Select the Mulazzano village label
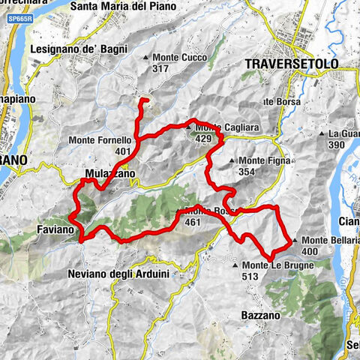click(109, 173)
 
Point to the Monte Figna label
click(264, 160)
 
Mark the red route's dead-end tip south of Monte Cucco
click(145, 100)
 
